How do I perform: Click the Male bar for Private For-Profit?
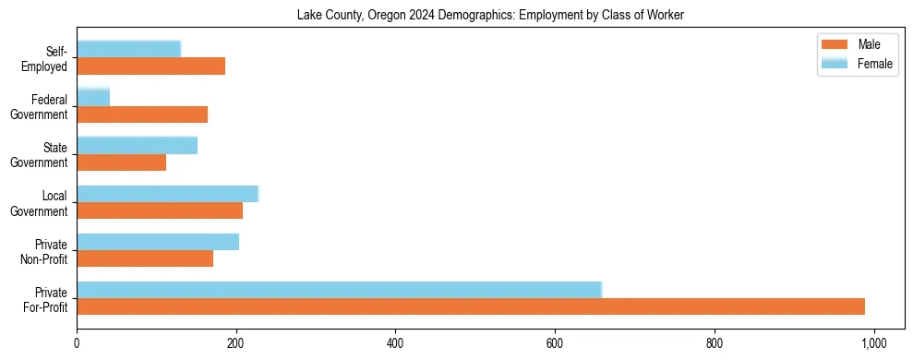(471, 306)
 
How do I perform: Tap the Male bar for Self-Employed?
(150, 66)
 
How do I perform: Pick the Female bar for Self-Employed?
(128, 49)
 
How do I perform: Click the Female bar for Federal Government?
(93, 97)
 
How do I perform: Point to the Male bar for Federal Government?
(142, 114)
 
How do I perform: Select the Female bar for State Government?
(137, 145)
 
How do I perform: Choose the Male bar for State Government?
(121, 162)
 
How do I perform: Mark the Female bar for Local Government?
(167, 193)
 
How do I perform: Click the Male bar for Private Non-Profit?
(145, 258)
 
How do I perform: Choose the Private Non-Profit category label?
(47, 250)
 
